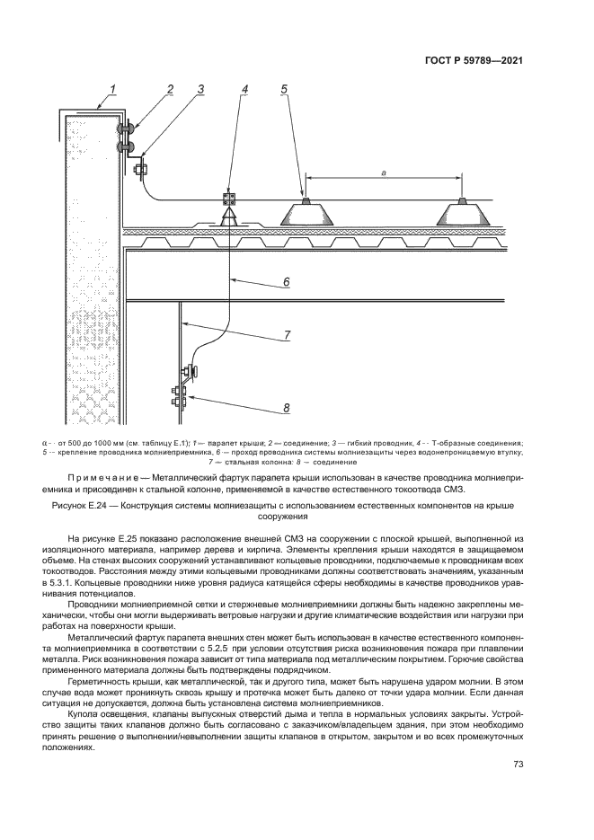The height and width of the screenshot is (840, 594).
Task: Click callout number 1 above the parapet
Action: pyautogui.click(x=114, y=88)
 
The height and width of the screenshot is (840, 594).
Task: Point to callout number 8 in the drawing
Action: pyautogui.click(x=286, y=409)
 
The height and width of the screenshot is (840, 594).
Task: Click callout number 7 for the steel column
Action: pyautogui.click(x=286, y=336)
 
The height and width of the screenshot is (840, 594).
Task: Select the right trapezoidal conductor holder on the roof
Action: pyautogui.click(x=463, y=213)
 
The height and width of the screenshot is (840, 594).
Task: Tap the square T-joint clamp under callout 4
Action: pyautogui.click(x=230, y=199)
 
